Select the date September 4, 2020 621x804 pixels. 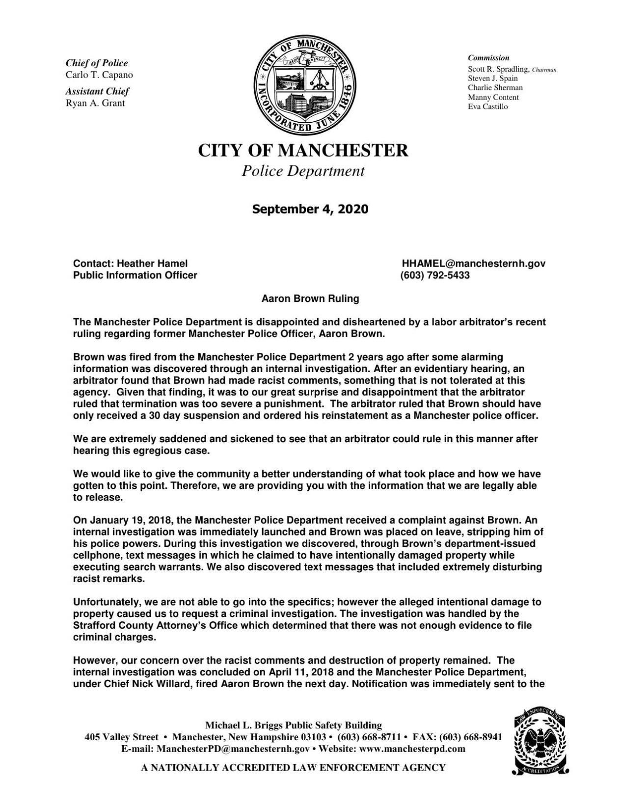coord(310,209)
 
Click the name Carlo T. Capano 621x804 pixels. coord(99,75)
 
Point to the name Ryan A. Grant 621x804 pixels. coord(95,103)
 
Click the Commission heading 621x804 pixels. coord(488,58)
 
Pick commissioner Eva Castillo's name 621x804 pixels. coord(488,107)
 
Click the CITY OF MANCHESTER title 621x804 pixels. coord(303,150)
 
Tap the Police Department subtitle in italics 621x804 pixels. coord(303,171)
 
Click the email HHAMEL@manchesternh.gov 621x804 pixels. coord(473,264)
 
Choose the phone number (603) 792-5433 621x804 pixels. coord(435,275)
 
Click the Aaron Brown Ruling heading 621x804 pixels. coord(310,298)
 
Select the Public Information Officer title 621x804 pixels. coord(135,275)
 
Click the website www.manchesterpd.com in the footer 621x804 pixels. coord(412,749)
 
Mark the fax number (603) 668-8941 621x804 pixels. coord(471,737)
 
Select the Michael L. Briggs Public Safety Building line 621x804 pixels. coord(293,725)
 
